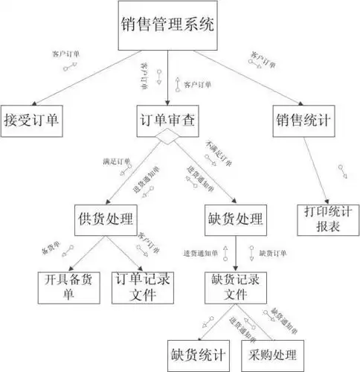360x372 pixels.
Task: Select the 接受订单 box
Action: pyautogui.click(x=31, y=119)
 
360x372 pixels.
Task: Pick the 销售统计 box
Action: pyautogui.click(x=303, y=119)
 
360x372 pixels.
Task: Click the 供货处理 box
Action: pyautogui.click(x=105, y=220)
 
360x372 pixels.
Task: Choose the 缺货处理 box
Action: pyautogui.click(x=235, y=220)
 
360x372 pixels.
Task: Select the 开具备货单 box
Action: pyautogui.click(x=68, y=286)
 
